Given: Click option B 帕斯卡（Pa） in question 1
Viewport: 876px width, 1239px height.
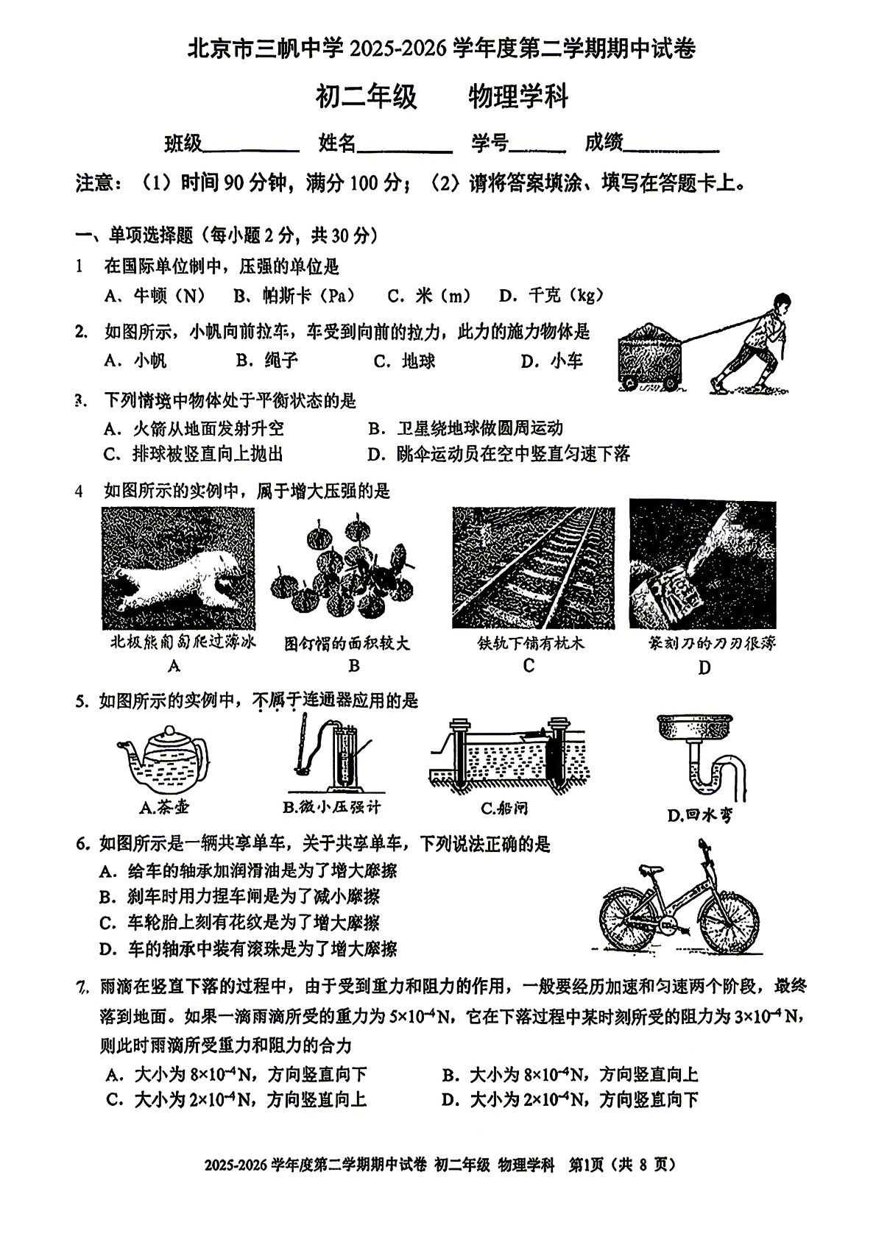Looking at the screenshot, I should pyautogui.click(x=294, y=296).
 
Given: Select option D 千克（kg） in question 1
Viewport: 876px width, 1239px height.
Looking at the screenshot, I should pyautogui.click(x=551, y=296).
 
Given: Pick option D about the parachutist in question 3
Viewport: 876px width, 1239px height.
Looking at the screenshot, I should pyautogui.click(x=498, y=454).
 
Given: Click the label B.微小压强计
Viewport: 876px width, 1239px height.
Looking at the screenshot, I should pyautogui.click(x=332, y=807).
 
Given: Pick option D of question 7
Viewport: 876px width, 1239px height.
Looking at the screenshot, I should pyautogui.click(x=570, y=1100).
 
